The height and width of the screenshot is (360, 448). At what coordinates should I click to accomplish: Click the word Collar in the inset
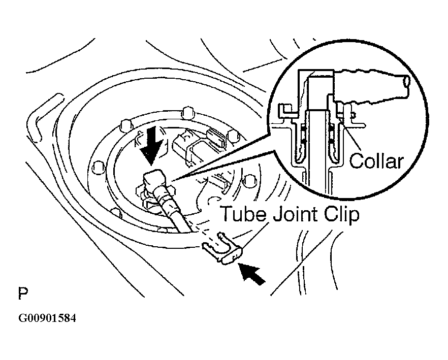pyautogui.click(x=376, y=161)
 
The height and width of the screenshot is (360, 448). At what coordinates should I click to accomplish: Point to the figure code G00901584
pyautogui.click(x=47, y=318)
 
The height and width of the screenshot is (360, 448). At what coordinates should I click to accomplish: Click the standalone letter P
pyautogui.click(x=23, y=293)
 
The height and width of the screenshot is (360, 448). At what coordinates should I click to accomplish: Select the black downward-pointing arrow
pyautogui.click(x=151, y=146)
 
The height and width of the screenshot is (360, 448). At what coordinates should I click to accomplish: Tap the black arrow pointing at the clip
pyautogui.click(x=252, y=274)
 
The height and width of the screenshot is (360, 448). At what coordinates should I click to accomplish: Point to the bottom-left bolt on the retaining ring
pyautogui.click(x=116, y=212)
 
